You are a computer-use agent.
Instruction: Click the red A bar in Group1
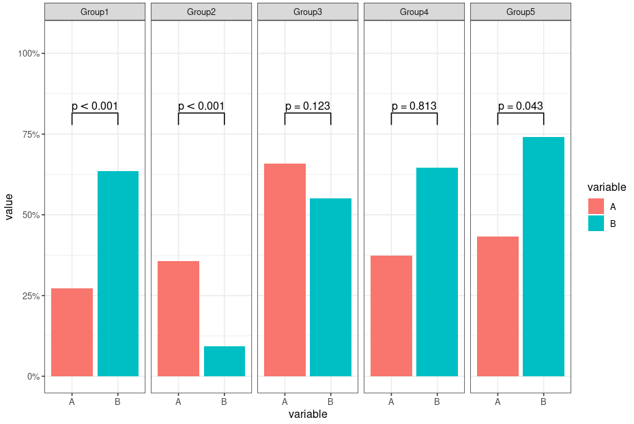click(72, 333)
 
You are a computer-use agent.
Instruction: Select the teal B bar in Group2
click(225, 361)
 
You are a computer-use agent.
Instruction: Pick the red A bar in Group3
click(285, 270)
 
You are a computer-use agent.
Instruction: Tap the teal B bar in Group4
click(437, 272)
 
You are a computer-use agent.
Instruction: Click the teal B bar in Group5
click(543, 257)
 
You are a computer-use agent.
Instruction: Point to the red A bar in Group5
click(498, 307)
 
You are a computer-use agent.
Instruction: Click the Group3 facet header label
click(308, 12)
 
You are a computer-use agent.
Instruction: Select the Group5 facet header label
click(521, 12)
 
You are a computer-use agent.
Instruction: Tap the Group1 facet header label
click(95, 12)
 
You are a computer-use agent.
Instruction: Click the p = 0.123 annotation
click(308, 106)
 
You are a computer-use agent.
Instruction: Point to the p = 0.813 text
click(414, 106)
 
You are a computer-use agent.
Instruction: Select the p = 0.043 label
click(521, 106)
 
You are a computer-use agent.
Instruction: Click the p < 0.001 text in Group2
click(201, 106)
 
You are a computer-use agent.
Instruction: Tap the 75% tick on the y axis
click(31, 134)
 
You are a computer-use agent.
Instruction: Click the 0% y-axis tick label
click(33, 377)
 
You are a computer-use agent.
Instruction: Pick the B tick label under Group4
click(437, 402)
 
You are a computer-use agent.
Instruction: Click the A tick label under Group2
click(178, 402)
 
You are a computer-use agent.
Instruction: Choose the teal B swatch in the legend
click(596, 224)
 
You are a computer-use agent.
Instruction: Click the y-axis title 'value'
click(9, 207)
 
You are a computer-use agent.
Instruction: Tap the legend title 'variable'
click(607, 187)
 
